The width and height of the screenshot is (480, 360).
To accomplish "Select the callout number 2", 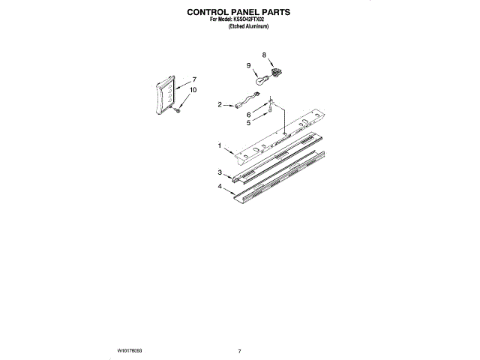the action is pos(220,105).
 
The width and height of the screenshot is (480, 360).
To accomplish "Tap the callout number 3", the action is pos(220,172).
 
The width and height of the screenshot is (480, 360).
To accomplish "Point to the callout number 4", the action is pos(220,185).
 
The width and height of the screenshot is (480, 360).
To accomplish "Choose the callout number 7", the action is pos(193,79).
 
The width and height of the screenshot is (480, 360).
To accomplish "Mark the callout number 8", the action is pos(264,55).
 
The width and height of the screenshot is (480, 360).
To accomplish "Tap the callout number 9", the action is pos(249,66).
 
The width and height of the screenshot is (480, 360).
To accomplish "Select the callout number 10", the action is pos(193,90).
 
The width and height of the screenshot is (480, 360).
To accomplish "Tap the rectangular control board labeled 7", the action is pos(166,95).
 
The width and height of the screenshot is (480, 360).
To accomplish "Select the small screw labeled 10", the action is pos(178,112).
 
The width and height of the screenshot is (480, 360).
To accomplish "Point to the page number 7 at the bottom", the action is pos(239,350).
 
